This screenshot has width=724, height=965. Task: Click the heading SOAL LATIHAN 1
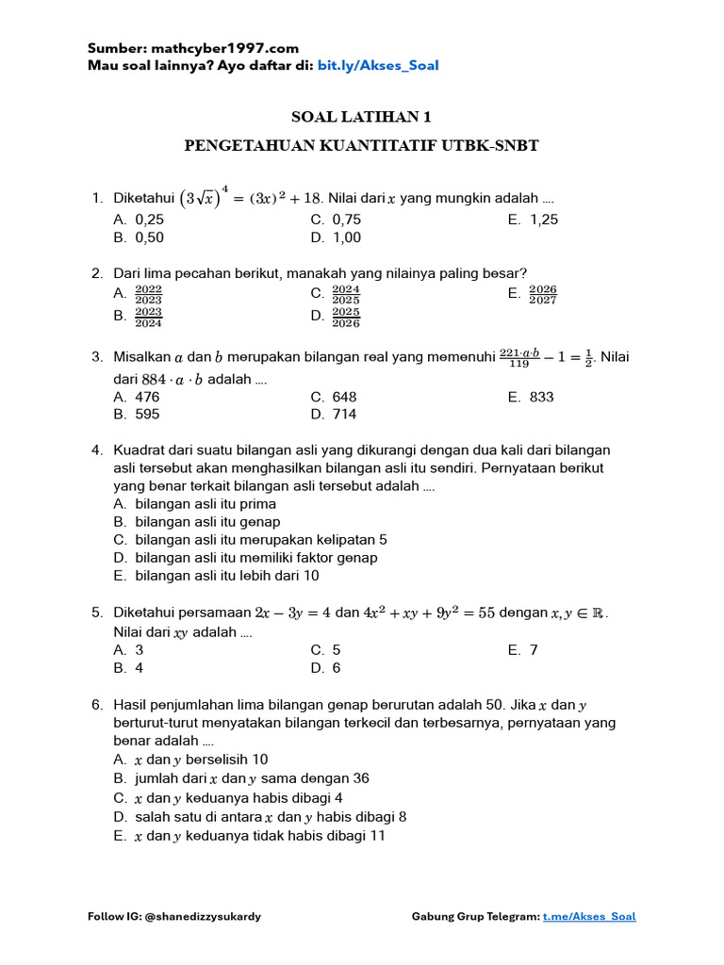coord(361,117)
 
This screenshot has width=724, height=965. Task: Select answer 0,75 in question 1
coord(346,220)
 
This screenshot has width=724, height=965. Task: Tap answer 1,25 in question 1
coord(544,220)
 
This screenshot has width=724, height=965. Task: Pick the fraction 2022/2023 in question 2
coord(149,295)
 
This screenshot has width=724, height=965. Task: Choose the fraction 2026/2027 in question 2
coord(543,295)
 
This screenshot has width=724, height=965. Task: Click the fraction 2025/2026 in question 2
coord(346,318)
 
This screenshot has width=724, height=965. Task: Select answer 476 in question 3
coord(147,397)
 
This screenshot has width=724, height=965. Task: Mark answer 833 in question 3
coord(541,397)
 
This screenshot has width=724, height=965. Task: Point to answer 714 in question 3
coord(344,414)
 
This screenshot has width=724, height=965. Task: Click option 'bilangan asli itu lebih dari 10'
coord(227,575)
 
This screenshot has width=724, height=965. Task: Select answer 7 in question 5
coord(533,650)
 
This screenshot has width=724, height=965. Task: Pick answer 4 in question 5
coord(140,668)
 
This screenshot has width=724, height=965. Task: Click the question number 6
coord(97,705)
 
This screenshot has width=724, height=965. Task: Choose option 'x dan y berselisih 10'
coord(202,760)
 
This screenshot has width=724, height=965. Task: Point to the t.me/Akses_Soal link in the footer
coord(589,917)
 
